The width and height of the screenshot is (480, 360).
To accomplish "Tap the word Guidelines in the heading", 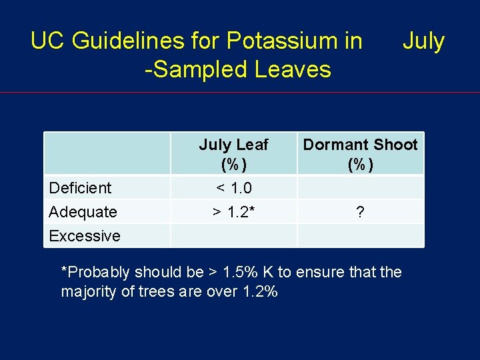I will click(x=146, y=41).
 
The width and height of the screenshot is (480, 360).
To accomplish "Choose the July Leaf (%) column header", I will click(x=233, y=154).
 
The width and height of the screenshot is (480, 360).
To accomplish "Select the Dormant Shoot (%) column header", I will click(x=360, y=154).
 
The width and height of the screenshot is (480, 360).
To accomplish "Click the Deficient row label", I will click(x=81, y=188).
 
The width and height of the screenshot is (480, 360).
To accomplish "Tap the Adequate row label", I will click(x=83, y=212).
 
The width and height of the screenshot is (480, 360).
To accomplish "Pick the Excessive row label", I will click(x=85, y=236).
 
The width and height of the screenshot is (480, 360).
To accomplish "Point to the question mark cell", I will click(x=360, y=212).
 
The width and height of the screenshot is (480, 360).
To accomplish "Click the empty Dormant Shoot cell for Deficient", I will click(x=360, y=187).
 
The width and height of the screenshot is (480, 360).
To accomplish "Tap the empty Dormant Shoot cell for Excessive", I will click(x=360, y=235).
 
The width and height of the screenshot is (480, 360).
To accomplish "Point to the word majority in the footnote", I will click(x=88, y=291).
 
